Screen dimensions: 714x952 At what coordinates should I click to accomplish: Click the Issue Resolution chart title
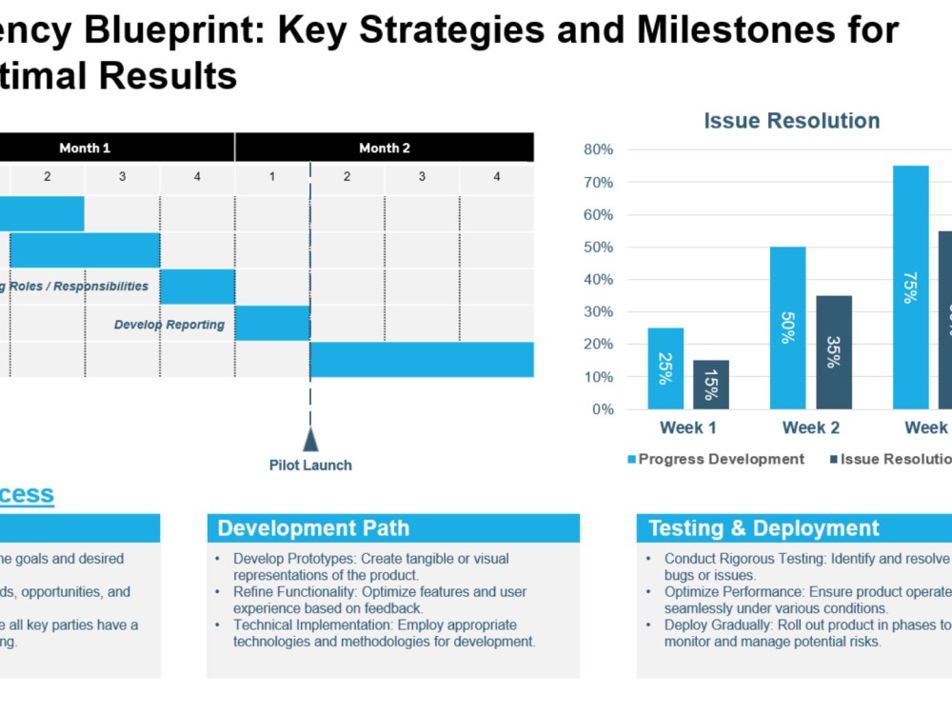tap(791, 121)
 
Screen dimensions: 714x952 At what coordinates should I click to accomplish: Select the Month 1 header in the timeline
tap(85, 148)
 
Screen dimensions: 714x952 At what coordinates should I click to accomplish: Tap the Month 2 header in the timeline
tap(385, 148)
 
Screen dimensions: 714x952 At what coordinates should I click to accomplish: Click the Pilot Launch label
tap(310, 466)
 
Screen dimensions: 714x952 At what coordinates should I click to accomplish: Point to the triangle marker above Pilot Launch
tap(310, 440)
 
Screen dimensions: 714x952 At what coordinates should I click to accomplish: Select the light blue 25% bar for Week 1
tap(665, 368)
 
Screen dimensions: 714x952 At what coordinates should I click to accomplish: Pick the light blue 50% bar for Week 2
tap(787, 327)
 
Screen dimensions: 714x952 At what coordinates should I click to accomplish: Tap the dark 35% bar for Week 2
tap(834, 352)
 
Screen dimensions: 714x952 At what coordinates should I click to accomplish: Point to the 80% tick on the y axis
tap(598, 149)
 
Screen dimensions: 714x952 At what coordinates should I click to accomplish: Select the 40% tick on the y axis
tap(598, 280)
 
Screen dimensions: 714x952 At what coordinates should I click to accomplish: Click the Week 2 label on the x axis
tap(810, 428)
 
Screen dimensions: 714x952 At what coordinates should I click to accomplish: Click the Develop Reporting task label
tap(169, 325)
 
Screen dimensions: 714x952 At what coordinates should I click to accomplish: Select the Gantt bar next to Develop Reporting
tap(272, 324)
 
